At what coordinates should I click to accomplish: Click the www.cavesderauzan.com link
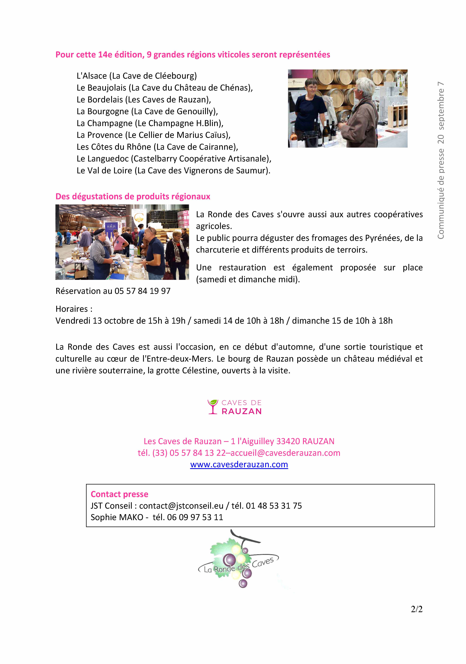(x=239, y=464)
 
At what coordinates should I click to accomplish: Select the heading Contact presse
(x=119, y=494)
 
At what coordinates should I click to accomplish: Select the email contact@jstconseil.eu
(x=181, y=506)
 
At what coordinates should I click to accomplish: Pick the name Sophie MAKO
(x=117, y=517)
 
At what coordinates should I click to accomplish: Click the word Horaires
(x=72, y=309)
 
